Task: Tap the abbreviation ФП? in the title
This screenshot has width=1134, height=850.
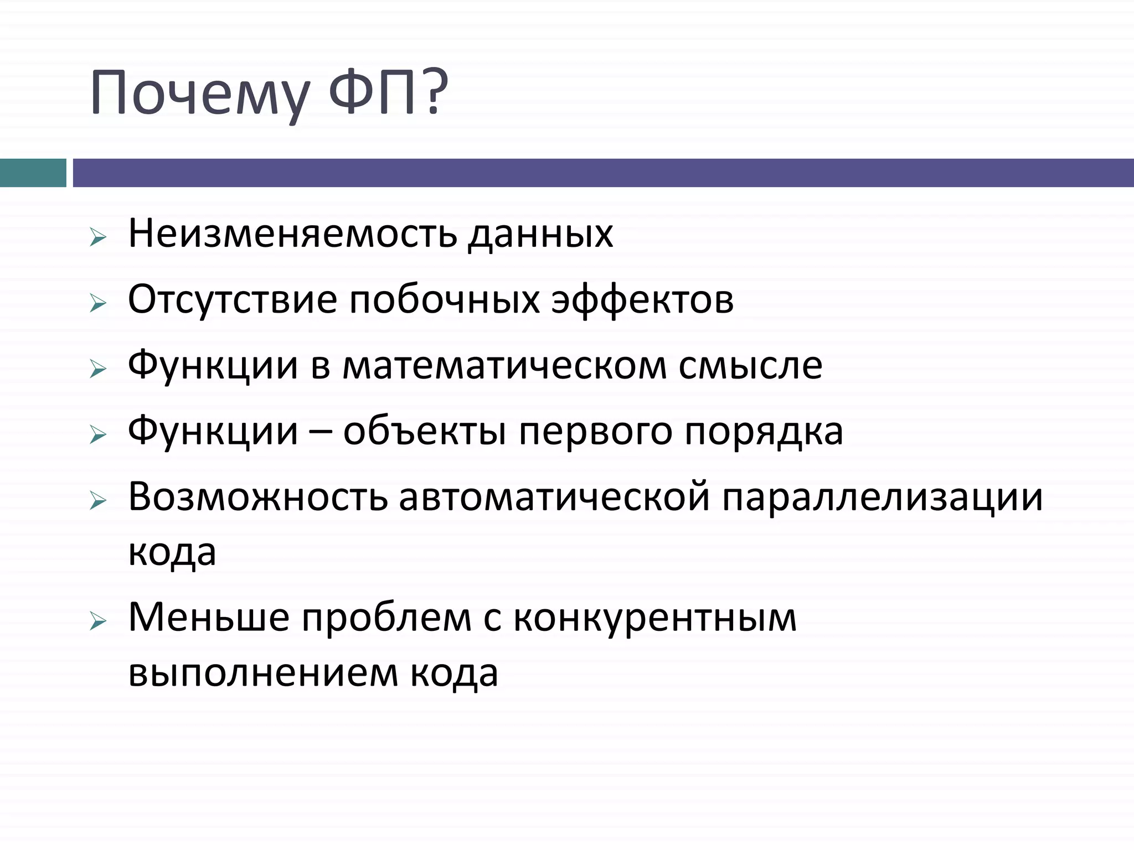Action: point(388,91)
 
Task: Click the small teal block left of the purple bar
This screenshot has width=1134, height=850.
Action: point(33,173)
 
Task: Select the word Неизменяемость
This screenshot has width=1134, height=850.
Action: point(292,234)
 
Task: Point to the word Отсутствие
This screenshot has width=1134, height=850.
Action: point(233,299)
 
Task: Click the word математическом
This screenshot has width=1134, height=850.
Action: point(504,366)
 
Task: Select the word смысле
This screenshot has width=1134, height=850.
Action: point(750,365)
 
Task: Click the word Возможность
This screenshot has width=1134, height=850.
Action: point(258,497)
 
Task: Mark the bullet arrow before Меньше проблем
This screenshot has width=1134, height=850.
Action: point(97,622)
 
